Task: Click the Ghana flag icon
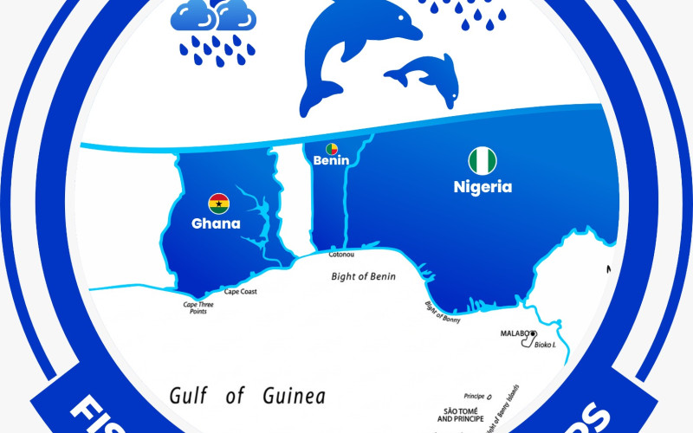click(x=218, y=204)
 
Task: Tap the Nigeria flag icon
click(x=483, y=161)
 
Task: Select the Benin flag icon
click(x=332, y=148)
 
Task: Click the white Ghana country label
click(x=216, y=223)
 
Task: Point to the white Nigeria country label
click(x=483, y=186)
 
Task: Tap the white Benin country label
click(x=331, y=160)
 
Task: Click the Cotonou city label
click(x=341, y=255)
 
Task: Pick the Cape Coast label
click(x=242, y=292)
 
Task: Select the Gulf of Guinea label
click(x=248, y=397)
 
